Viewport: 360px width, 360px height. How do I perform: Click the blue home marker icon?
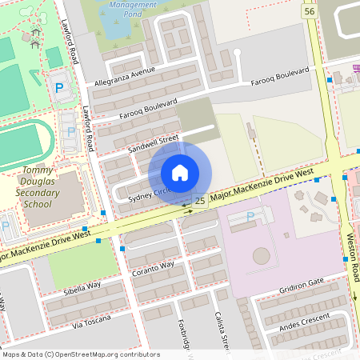tap(180, 172)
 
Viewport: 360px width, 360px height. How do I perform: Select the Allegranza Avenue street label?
tap(125, 74)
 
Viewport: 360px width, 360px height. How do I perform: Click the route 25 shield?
tap(199, 201)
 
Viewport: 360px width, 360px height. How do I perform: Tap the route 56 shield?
tap(310, 10)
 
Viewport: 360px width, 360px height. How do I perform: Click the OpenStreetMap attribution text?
tap(80, 354)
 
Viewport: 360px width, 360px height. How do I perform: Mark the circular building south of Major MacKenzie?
tap(262, 257)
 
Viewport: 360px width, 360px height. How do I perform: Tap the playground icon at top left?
tap(35, 35)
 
